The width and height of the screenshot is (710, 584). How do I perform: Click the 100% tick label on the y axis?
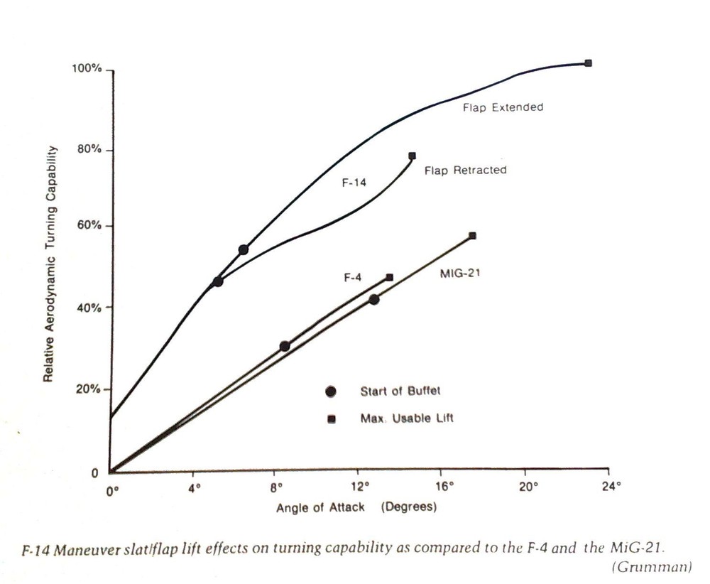coord(87,69)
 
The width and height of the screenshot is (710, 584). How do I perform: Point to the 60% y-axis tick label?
coord(90,226)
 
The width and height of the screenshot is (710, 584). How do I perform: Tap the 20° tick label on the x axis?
coord(526,487)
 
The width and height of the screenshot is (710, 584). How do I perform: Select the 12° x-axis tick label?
coord(361,487)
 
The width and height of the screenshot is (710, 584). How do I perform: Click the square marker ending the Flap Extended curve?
coord(588,63)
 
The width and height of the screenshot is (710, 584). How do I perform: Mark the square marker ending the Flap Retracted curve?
coord(412,156)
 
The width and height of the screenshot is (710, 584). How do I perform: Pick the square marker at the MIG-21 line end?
coord(472,236)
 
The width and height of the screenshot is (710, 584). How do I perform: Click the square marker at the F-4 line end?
coord(389,277)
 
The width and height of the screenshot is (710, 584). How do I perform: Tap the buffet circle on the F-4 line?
coord(285,346)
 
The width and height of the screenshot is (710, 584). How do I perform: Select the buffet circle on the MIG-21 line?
coord(373,299)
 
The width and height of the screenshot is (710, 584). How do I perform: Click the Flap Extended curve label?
coord(503,108)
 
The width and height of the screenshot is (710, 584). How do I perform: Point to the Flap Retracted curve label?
coord(465,171)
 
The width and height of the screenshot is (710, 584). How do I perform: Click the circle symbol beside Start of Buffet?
coord(330,391)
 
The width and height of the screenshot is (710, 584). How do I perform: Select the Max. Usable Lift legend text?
coord(406,418)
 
